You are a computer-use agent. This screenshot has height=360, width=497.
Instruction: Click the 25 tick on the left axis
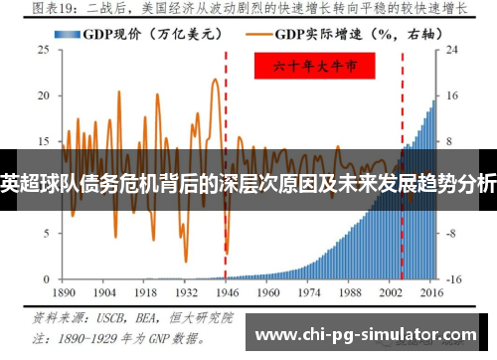(43, 50)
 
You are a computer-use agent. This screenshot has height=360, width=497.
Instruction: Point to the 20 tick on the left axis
(43, 95)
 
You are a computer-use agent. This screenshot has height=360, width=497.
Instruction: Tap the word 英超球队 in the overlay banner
(36, 183)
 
